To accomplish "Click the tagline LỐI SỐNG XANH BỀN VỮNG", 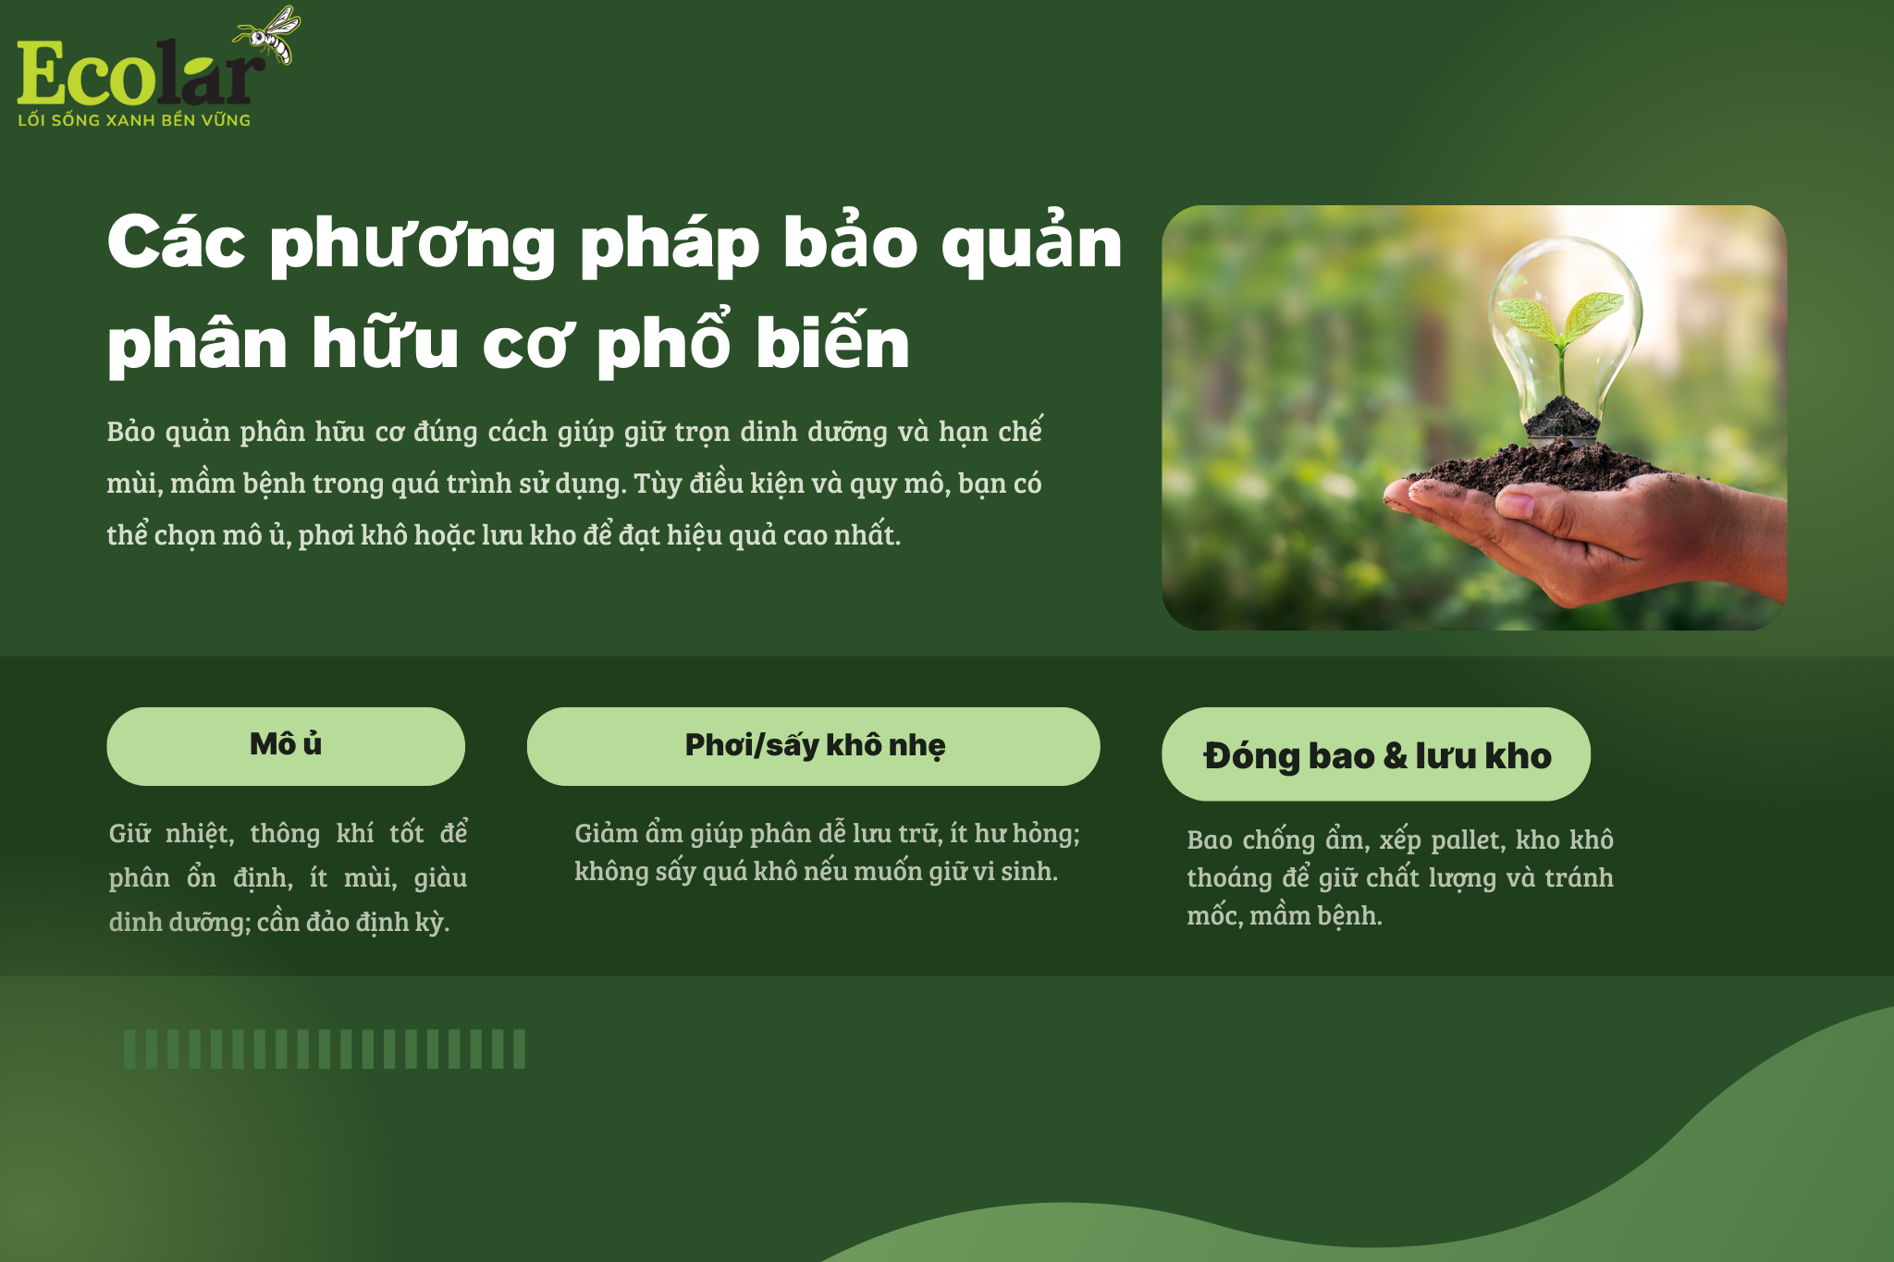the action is click(x=134, y=120).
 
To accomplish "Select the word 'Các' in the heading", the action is click(x=177, y=242).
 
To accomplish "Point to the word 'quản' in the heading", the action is click(x=1031, y=242).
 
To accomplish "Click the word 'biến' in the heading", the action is click(x=832, y=340).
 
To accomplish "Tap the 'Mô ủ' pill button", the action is click(x=286, y=746).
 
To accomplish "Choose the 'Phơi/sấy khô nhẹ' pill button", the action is click(x=813, y=746).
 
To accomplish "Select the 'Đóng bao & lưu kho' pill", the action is click(x=1376, y=754).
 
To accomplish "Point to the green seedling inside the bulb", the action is click(x=1562, y=328).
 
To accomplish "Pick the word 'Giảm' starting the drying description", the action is click(x=606, y=834).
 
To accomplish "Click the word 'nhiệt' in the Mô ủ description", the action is click(x=199, y=835).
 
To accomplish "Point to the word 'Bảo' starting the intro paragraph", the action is click(x=131, y=432).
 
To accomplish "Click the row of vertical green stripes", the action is click(x=325, y=1049).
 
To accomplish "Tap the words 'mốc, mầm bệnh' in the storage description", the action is click(x=1285, y=916).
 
